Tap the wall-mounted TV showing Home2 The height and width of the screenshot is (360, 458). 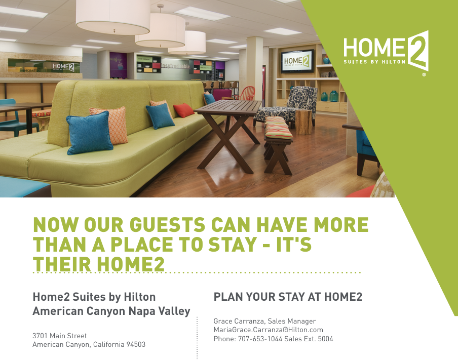click(x=297, y=61)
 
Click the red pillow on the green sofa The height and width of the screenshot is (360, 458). click(x=183, y=110)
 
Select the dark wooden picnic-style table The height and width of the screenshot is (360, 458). click(x=228, y=134)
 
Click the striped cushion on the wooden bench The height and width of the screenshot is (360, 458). click(x=278, y=127)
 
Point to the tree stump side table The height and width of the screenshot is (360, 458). click(x=303, y=122)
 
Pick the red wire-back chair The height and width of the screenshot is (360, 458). click(x=245, y=94)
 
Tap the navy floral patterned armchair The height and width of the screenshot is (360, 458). click(x=288, y=106)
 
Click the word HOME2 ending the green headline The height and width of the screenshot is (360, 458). click(x=131, y=264)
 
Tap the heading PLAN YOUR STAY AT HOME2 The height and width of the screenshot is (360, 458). click(x=288, y=297)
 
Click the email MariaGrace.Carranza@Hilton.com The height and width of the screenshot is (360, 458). click(x=268, y=330)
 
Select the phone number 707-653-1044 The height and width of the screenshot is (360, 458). click(x=260, y=339)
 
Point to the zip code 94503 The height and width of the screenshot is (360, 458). click(x=136, y=344)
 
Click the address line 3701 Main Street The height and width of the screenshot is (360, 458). click(x=60, y=336)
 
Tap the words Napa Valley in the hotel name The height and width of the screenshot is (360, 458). click(x=160, y=311)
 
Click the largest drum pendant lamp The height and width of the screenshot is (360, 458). click(x=113, y=16)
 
